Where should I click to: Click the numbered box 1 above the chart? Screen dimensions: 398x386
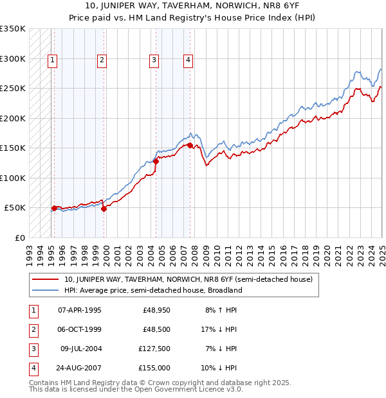(52, 61)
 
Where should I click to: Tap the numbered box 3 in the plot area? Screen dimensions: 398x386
(154, 61)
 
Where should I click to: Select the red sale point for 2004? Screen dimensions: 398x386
(156, 162)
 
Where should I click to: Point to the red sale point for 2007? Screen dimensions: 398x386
(190, 146)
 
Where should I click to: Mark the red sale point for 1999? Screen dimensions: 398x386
(104, 209)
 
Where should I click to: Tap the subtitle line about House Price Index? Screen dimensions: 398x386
(192, 19)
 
